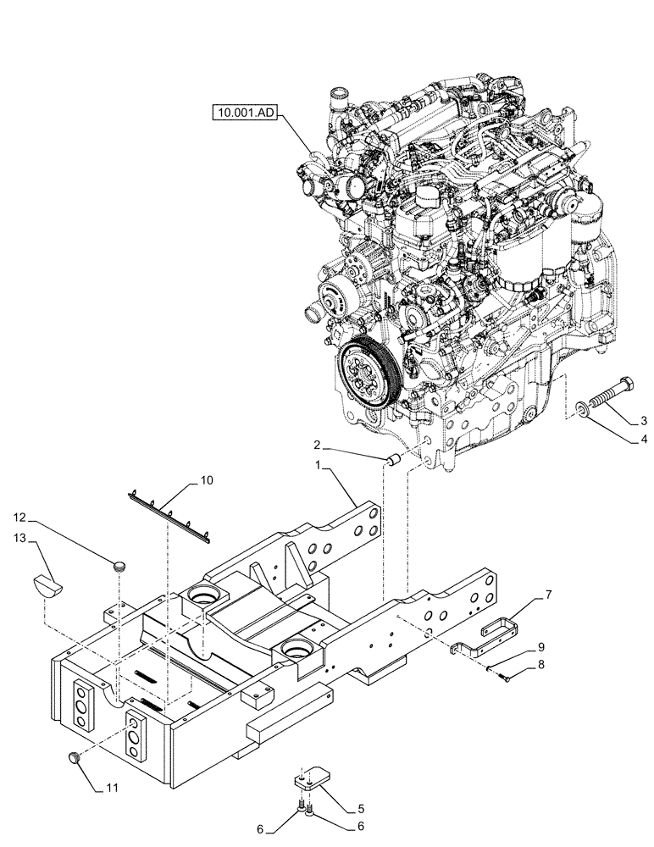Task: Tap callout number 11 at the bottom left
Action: (x=112, y=789)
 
